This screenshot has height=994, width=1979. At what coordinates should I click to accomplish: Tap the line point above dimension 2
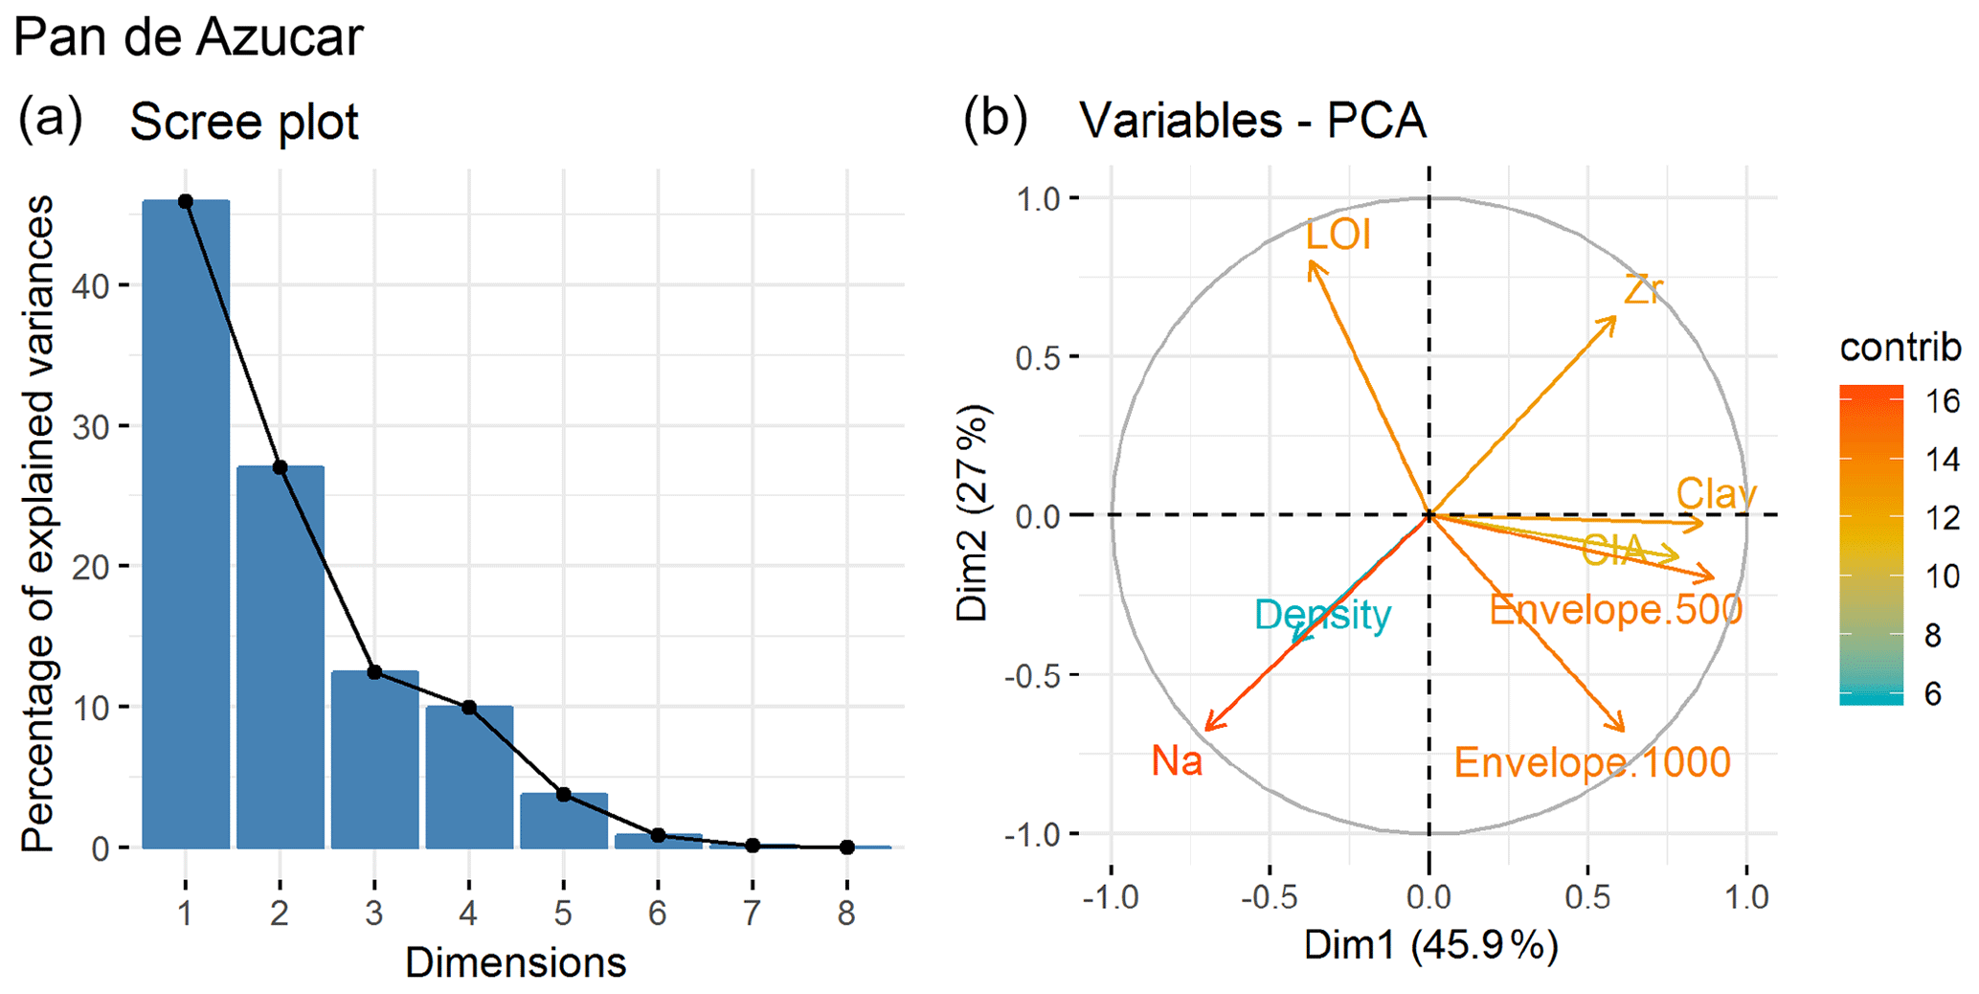(280, 467)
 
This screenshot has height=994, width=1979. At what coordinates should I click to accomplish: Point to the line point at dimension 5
(564, 795)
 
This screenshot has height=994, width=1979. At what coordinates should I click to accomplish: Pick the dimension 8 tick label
(846, 914)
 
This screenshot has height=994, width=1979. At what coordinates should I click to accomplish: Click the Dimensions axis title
(515, 962)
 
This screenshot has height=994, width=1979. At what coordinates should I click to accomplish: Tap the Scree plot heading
(243, 123)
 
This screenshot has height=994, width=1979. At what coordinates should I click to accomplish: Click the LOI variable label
(1338, 236)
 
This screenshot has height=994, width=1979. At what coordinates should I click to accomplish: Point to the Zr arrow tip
(1615, 317)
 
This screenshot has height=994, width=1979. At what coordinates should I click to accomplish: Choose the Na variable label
(1177, 761)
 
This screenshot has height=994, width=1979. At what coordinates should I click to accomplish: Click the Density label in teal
(1322, 615)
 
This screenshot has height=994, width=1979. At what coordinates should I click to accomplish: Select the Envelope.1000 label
(1592, 763)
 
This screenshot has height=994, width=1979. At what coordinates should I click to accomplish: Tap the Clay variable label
(1716, 494)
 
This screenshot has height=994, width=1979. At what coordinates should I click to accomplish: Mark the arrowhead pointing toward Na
(1207, 728)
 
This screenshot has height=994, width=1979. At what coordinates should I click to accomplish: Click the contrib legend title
(1900, 348)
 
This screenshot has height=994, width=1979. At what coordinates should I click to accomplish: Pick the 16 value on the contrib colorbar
(1943, 401)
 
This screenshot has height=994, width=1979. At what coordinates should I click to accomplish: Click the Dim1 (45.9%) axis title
(1430, 946)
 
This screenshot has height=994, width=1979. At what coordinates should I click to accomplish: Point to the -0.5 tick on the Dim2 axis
(1030, 675)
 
